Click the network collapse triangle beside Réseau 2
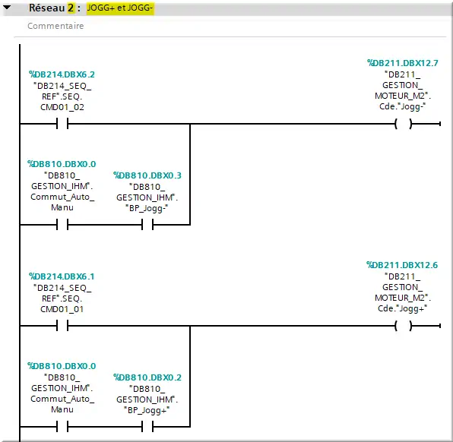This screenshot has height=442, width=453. click(x=7, y=8)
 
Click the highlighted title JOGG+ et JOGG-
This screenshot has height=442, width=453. click(x=120, y=8)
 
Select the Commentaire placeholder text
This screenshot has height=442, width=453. click(x=55, y=26)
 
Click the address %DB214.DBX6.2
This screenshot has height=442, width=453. click(x=62, y=74)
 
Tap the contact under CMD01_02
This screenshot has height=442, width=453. click(x=62, y=124)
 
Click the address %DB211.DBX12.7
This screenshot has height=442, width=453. click(x=402, y=63)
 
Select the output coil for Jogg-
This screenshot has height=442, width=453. click(x=404, y=124)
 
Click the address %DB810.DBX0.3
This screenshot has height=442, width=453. click(x=147, y=175)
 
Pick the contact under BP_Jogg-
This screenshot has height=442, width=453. click(x=147, y=224)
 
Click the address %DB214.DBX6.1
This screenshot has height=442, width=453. click(x=62, y=276)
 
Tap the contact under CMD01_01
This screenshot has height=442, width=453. click(x=62, y=326)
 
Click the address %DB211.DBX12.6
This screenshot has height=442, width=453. click(x=402, y=265)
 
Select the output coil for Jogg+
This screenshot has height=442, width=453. click(x=404, y=326)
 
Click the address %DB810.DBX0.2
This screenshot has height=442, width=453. click(x=147, y=377)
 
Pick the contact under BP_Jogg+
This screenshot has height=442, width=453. click(x=147, y=426)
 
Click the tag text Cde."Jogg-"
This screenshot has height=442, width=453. click(x=402, y=106)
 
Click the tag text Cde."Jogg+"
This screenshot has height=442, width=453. click(x=402, y=308)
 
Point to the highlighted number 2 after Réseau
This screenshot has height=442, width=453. click(x=71, y=8)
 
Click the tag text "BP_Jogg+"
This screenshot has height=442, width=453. click(x=147, y=410)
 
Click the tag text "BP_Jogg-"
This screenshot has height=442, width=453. click(x=147, y=208)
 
